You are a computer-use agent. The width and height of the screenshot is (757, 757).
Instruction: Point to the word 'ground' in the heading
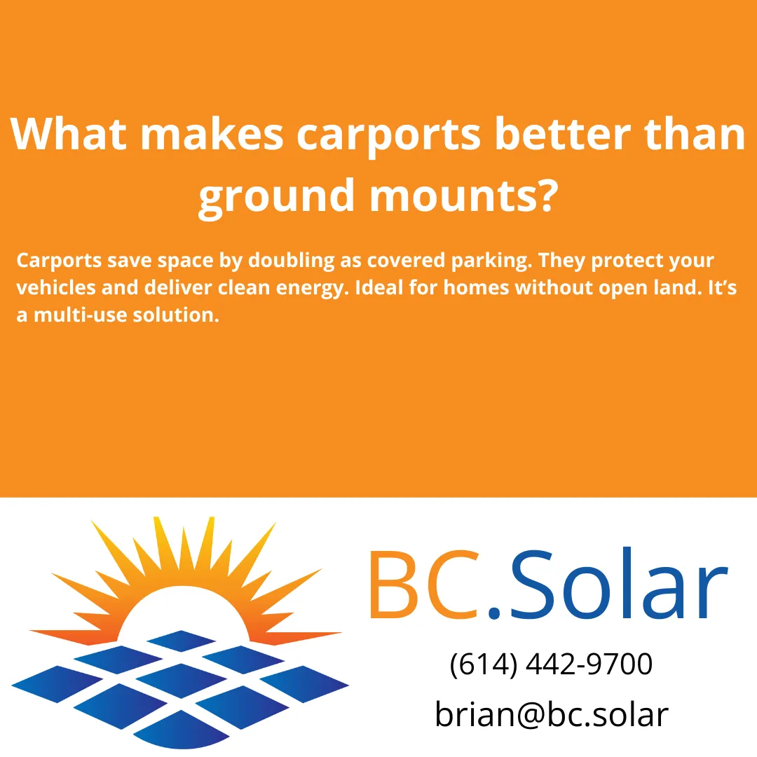pyautogui.click(x=276, y=197)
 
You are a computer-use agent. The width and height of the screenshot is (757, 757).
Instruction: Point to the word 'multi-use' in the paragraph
pyautogui.click(x=81, y=315)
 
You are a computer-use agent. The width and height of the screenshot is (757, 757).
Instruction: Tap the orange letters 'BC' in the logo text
pyautogui.click(x=421, y=585)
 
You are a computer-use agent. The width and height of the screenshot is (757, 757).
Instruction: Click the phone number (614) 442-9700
pyautogui.click(x=551, y=664)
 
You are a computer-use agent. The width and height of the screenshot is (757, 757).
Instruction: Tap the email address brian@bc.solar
pyautogui.click(x=552, y=714)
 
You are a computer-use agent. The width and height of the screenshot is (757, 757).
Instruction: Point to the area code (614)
pyautogui.click(x=483, y=664)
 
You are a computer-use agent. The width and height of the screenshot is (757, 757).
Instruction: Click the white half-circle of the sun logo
pyautogui.click(x=186, y=613)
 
